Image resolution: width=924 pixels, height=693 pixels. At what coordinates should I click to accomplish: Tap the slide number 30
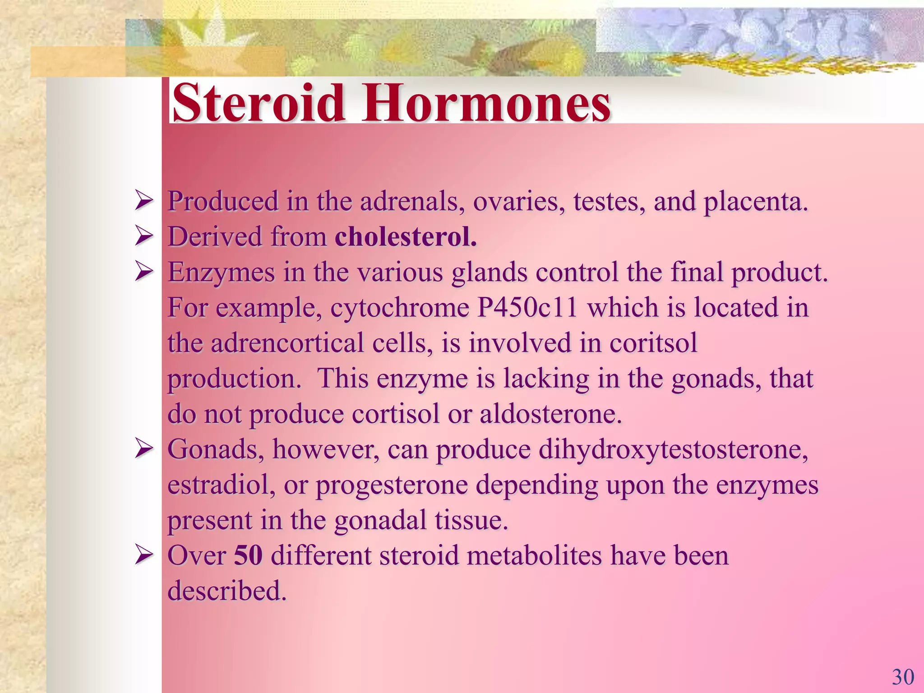(903, 677)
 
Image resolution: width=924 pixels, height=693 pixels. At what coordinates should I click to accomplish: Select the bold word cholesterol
(405, 237)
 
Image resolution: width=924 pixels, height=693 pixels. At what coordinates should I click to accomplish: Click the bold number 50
(248, 555)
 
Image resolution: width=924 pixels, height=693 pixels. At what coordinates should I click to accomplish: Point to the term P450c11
(527, 308)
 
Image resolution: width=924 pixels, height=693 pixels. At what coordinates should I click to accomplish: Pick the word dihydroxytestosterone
(673, 450)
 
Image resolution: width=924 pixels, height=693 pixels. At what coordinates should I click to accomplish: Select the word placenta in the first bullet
(755, 202)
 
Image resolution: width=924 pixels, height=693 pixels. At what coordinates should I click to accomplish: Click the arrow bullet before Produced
(144, 201)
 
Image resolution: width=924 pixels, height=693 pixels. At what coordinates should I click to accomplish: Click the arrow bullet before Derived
(144, 236)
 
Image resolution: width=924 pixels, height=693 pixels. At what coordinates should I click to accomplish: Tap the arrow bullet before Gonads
(144, 449)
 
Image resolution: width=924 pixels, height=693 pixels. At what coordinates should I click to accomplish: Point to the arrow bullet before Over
(144, 555)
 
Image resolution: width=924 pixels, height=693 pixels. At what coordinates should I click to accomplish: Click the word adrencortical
(287, 343)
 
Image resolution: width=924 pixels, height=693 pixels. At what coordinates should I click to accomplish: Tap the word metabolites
(534, 555)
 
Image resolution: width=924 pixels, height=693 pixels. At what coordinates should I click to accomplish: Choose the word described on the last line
(227, 591)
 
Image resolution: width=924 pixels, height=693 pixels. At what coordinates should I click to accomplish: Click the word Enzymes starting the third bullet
(221, 273)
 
